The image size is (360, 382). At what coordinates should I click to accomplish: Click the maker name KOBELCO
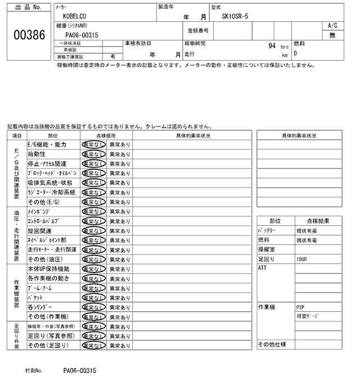pos(75,17)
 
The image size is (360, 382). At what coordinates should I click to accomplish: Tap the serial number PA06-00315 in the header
pos(82,35)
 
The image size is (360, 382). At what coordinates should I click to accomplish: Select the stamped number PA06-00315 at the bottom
pos(80,371)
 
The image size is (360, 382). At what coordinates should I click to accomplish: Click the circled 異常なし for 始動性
pos(93,154)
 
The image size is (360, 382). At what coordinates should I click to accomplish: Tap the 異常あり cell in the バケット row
pos(119,297)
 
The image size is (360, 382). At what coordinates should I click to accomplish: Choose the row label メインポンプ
pos(43,211)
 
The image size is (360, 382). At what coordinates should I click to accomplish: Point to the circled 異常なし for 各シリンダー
pos(93,307)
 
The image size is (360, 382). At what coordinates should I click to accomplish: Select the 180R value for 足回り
pos(303,260)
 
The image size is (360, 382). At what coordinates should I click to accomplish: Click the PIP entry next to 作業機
pos(300,307)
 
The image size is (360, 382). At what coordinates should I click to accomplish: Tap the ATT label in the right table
pos(262,269)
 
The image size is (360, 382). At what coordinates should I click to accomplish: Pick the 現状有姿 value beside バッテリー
pos(307,231)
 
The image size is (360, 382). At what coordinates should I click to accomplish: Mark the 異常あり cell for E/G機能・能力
pos(119,144)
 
